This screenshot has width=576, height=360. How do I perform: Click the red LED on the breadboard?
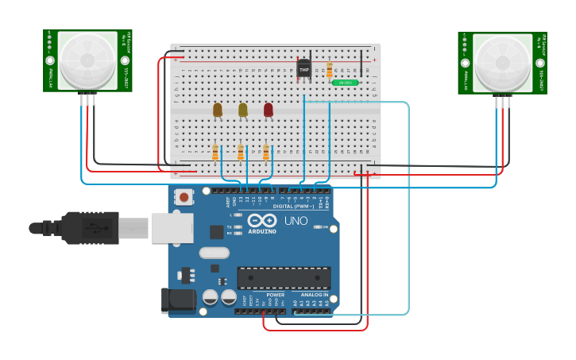click(x=268, y=110)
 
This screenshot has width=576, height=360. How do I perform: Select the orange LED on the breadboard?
click(x=217, y=110)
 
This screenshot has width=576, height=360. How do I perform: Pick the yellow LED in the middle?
click(x=242, y=110)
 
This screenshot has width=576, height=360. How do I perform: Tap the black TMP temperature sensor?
click(x=304, y=68)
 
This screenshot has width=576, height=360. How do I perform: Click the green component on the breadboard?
click(x=345, y=82)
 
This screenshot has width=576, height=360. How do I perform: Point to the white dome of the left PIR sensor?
click(x=87, y=60)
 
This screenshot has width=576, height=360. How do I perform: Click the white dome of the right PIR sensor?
click(x=501, y=61)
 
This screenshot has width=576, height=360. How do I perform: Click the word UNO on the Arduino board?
click(x=296, y=221)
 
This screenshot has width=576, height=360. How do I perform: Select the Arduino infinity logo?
click(x=262, y=220)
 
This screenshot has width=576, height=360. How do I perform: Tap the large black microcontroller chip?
click(x=284, y=277)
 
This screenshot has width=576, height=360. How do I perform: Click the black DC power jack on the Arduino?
click(x=178, y=300)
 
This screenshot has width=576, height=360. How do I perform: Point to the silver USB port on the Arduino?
click(x=172, y=227)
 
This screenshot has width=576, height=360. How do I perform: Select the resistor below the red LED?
click(x=266, y=152)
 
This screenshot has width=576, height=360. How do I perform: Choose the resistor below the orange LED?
click(x=215, y=152)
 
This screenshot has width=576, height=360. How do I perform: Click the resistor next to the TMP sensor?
click(x=329, y=71)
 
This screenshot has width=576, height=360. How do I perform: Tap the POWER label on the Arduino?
click(x=275, y=294)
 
